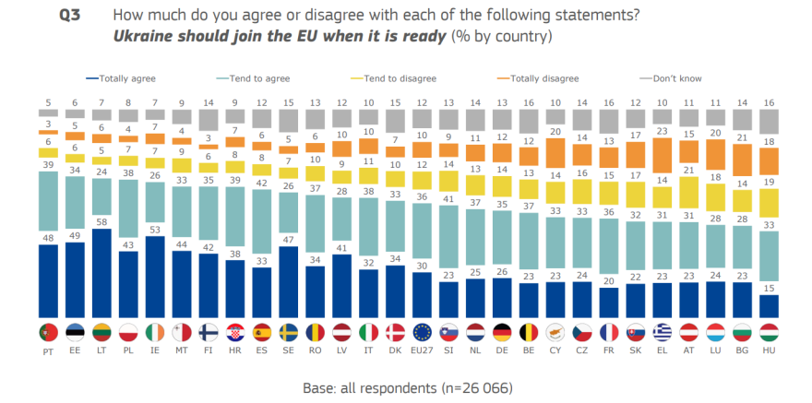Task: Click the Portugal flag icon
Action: tap(46, 331)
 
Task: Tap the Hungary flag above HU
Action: tap(769, 331)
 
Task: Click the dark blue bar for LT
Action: tap(101, 272)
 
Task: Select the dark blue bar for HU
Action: tap(769, 305)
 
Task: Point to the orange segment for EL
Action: tap(662, 148)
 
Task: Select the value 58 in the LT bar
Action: tap(101, 222)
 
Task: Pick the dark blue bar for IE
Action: tap(154, 276)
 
